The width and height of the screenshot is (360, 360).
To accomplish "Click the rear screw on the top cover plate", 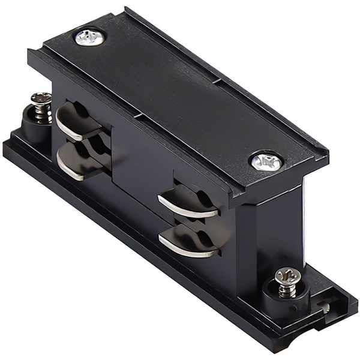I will [90, 37].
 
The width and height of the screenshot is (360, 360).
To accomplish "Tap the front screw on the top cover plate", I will [266, 161].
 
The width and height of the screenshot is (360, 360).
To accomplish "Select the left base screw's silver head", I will [41, 98].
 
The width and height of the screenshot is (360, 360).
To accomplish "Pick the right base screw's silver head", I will [287, 275].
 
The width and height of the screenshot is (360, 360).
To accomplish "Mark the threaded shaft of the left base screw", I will [41, 113].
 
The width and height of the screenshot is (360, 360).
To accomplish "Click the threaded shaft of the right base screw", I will [287, 289].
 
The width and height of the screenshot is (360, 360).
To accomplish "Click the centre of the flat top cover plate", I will [180, 96].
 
